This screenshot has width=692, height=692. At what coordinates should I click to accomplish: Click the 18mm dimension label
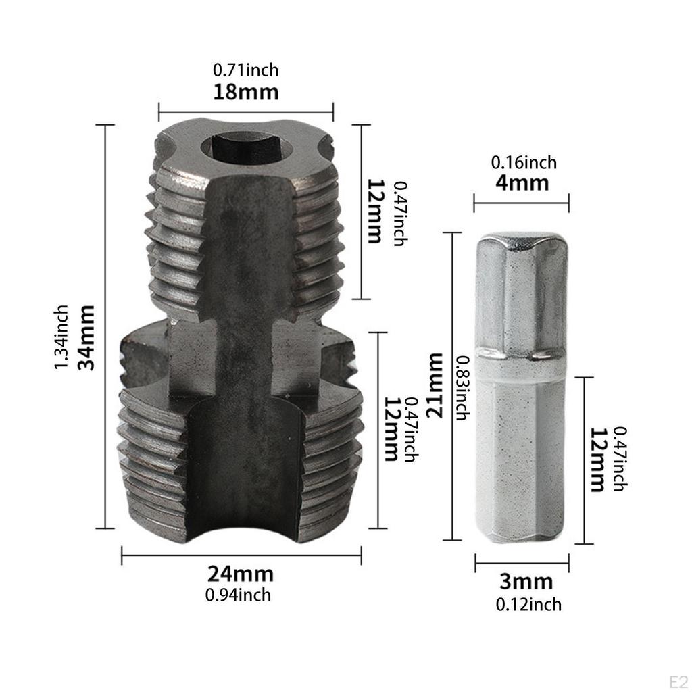pyautogui.click(x=246, y=91)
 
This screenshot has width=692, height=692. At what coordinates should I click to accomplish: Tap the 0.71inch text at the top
pyautogui.click(x=246, y=70)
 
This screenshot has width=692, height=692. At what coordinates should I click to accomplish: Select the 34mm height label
pyautogui.click(x=86, y=337)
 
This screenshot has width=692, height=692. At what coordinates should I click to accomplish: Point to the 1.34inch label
pyautogui.click(x=62, y=337)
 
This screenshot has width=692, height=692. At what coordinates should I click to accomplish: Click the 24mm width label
pyautogui.click(x=241, y=574)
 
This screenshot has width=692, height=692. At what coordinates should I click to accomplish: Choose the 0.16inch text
pyautogui.click(x=524, y=162)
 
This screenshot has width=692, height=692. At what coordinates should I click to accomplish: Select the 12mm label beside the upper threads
pyautogui.click(x=376, y=211)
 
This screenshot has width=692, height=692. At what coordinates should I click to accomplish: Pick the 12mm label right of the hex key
pyautogui.click(x=599, y=460)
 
